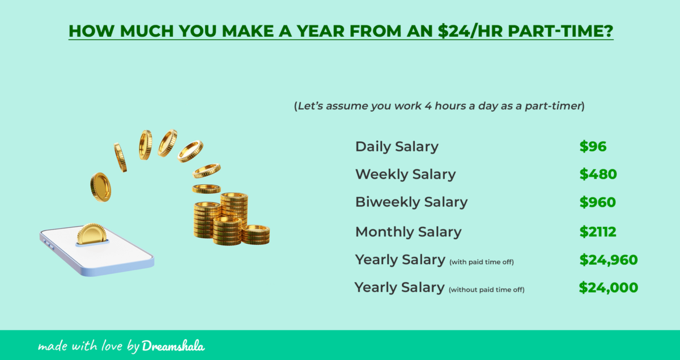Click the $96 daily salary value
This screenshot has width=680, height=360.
593,147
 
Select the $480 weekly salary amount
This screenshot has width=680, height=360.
598,175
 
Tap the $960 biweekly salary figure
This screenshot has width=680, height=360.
597,202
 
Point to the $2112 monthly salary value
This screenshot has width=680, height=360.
598,232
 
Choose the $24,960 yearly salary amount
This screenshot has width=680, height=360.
609,260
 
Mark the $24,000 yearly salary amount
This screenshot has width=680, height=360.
608,288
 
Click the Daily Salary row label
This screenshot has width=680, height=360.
397,147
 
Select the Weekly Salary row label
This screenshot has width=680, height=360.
405,175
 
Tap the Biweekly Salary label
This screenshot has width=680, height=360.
411,202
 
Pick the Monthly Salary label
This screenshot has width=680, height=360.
408,232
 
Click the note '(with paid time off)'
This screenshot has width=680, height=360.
481,262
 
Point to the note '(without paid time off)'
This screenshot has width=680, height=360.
486,290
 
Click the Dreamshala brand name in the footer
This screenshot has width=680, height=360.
173,345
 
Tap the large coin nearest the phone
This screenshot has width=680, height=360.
100,186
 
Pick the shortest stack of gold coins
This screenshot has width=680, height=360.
255,234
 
